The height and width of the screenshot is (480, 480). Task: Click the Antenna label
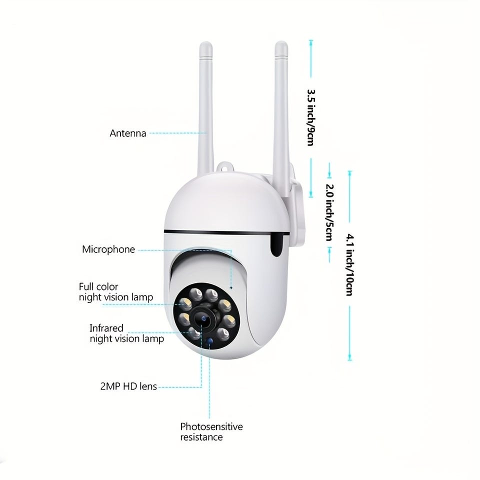[x=128, y=133]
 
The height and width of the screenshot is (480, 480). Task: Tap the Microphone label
[x=108, y=249]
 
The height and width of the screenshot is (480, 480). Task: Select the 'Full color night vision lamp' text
[x=115, y=292]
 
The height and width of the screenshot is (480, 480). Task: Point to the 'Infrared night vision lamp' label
[x=126, y=333]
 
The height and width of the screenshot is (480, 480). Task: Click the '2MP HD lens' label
[x=128, y=386]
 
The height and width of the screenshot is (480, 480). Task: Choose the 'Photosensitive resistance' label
[x=211, y=431]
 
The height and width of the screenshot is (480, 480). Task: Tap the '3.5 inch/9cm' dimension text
[x=311, y=117]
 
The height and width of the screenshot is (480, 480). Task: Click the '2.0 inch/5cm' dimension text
[x=329, y=212]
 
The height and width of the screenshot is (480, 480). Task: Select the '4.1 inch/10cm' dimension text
[x=350, y=265]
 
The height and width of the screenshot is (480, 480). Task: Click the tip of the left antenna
[x=205, y=43]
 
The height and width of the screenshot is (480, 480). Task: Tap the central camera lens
[x=203, y=319]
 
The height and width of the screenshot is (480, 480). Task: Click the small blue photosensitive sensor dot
[x=209, y=341]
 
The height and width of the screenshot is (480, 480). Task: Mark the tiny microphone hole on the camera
[x=231, y=288]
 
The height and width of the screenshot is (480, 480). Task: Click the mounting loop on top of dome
[x=224, y=167]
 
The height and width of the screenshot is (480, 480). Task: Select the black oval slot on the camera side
[x=276, y=244]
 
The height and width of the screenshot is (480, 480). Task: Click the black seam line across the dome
[x=226, y=232]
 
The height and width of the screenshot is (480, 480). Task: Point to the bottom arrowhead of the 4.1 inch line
[x=350, y=358]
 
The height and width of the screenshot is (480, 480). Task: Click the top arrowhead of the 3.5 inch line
[x=311, y=42]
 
